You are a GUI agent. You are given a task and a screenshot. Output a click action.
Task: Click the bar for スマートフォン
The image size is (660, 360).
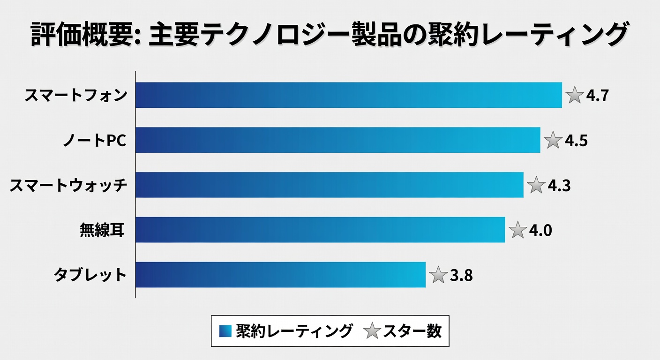tap(349, 95)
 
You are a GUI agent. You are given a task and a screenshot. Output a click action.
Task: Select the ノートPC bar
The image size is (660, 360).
tap(338, 140)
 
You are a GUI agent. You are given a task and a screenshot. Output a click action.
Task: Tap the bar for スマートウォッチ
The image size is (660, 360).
tap(330, 185)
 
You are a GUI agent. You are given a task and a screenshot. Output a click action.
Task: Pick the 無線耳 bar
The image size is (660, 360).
tap(320, 230)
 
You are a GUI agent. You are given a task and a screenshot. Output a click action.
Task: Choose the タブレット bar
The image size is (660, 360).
tap(280, 275)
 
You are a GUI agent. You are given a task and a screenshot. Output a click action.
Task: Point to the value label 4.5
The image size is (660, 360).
tap(576, 141)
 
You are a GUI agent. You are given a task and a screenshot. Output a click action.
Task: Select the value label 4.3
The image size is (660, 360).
tap(559, 186)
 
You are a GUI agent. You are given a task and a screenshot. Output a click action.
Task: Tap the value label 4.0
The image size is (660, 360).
tap(540, 231)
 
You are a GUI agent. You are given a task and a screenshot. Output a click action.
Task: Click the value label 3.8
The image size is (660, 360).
tap(461, 276)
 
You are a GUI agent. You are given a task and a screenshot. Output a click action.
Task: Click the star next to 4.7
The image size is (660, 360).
tap(574, 95)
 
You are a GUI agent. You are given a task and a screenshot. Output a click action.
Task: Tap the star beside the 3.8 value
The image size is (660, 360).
tap(438, 275)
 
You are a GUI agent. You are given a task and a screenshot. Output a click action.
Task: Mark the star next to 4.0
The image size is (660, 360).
tap(517, 230)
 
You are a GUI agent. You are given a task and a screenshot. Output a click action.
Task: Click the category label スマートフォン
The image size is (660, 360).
tap(75, 96)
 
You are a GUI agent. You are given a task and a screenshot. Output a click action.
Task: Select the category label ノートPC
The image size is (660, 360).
tap(95, 140)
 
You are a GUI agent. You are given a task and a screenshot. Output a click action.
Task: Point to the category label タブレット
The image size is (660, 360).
tap(90, 275)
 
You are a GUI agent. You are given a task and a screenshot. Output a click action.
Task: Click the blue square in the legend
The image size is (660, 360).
tap(225, 331)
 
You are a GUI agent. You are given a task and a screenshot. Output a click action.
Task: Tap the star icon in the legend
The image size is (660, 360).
tap(372, 331)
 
